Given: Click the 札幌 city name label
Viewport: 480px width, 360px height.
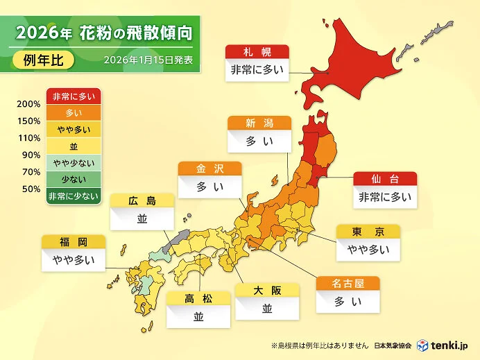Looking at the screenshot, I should [257, 52].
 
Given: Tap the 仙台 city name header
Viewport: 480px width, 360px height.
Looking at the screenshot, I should [385, 179].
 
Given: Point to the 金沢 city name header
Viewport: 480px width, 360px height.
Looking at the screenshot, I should [210, 169].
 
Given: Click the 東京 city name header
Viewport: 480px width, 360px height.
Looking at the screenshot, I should [368, 232].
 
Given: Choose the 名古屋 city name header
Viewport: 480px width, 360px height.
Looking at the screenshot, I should [348, 284].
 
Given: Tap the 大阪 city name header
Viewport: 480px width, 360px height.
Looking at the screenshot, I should [267, 291].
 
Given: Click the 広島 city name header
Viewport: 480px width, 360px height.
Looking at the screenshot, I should [142, 201].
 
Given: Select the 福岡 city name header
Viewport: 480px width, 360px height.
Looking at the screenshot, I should [73, 242].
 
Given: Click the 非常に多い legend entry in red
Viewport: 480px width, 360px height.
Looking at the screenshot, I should [74, 97].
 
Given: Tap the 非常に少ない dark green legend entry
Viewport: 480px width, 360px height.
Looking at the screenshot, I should [74, 196].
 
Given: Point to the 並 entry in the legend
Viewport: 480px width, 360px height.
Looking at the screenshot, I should [74, 146].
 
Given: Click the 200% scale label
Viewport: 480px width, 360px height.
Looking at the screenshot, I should [28, 105].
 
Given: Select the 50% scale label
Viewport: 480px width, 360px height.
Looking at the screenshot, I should [31, 189].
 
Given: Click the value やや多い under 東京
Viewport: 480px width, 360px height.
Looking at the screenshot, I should [368, 250].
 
